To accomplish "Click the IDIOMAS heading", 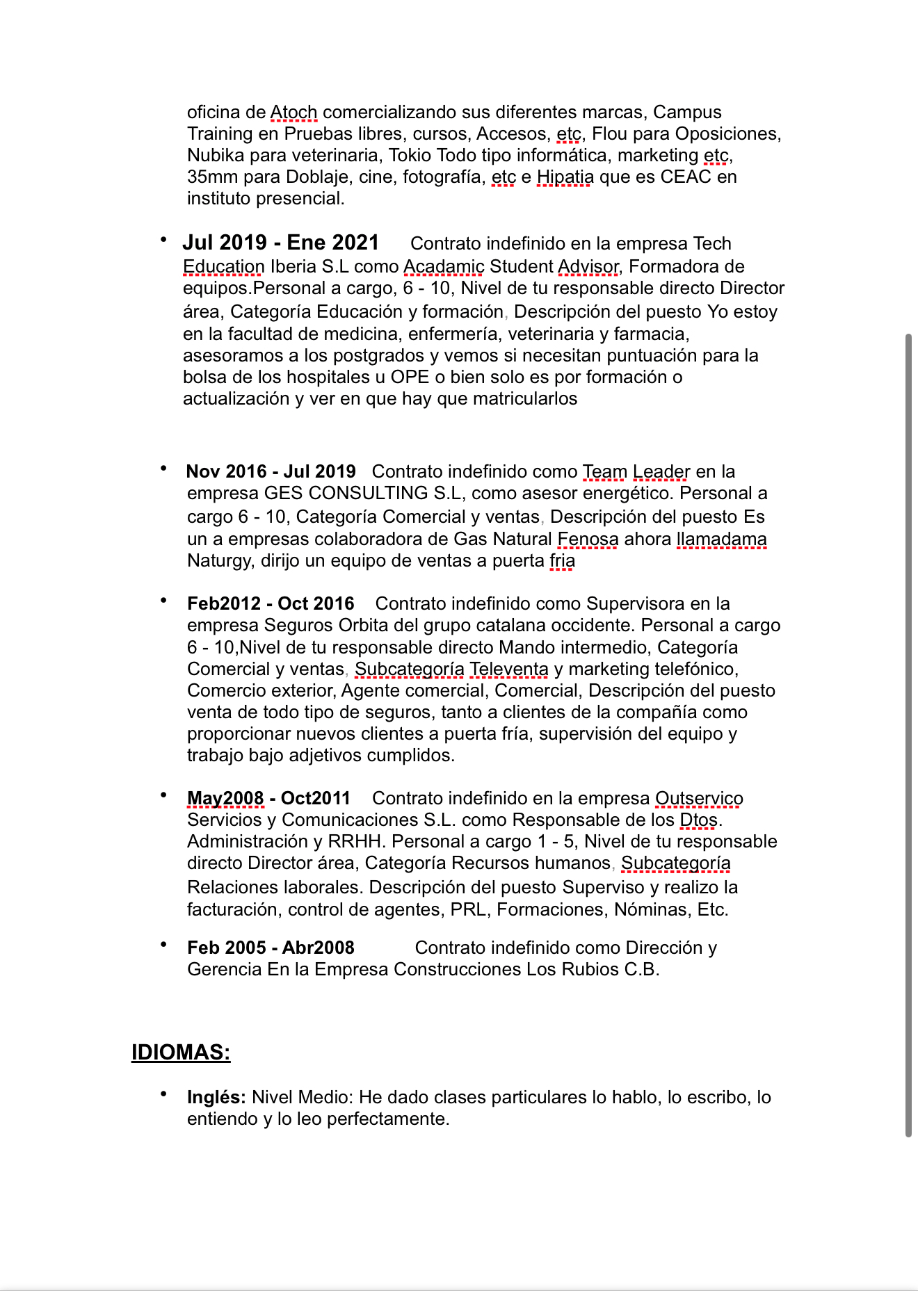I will pyautogui.click(x=181, y=1052).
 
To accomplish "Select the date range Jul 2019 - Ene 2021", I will pyautogui.click(x=280, y=243).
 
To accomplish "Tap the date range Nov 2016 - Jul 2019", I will pyautogui.click(x=271, y=471).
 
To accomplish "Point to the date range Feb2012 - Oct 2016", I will pyautogui.click(x=271, y=603).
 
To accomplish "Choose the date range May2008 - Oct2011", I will pyautogui.click(x=268, y=798).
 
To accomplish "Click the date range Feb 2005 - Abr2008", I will pyautogui.click(x=271, y=948).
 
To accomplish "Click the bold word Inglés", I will pyautogui.click(x=216, y=1097).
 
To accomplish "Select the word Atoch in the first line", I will pyautogui.click(x=293, y=112).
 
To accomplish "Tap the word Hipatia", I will pyautogui.click(x=565, y=177).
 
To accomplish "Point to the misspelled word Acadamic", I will pyautogui.click(x=444, y=266).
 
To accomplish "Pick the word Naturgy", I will pyautogui.click(x=219, y=560).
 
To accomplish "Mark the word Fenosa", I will pyautogui.click(x=588, y=539).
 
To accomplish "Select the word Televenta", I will pyautogui.click(x=509, y=669).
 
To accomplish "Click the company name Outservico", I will pyautogui.click(x=699, y=798).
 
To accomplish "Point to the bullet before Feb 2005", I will pyautogui.click(x=163, y=945).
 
